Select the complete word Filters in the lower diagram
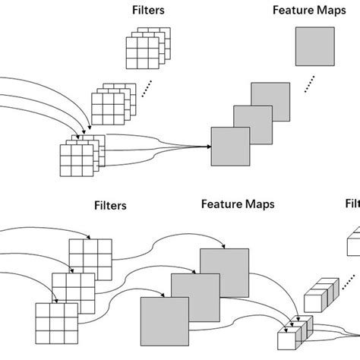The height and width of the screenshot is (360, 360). [x=110, y=205]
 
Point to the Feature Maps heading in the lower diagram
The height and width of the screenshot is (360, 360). [x=238, y=204]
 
